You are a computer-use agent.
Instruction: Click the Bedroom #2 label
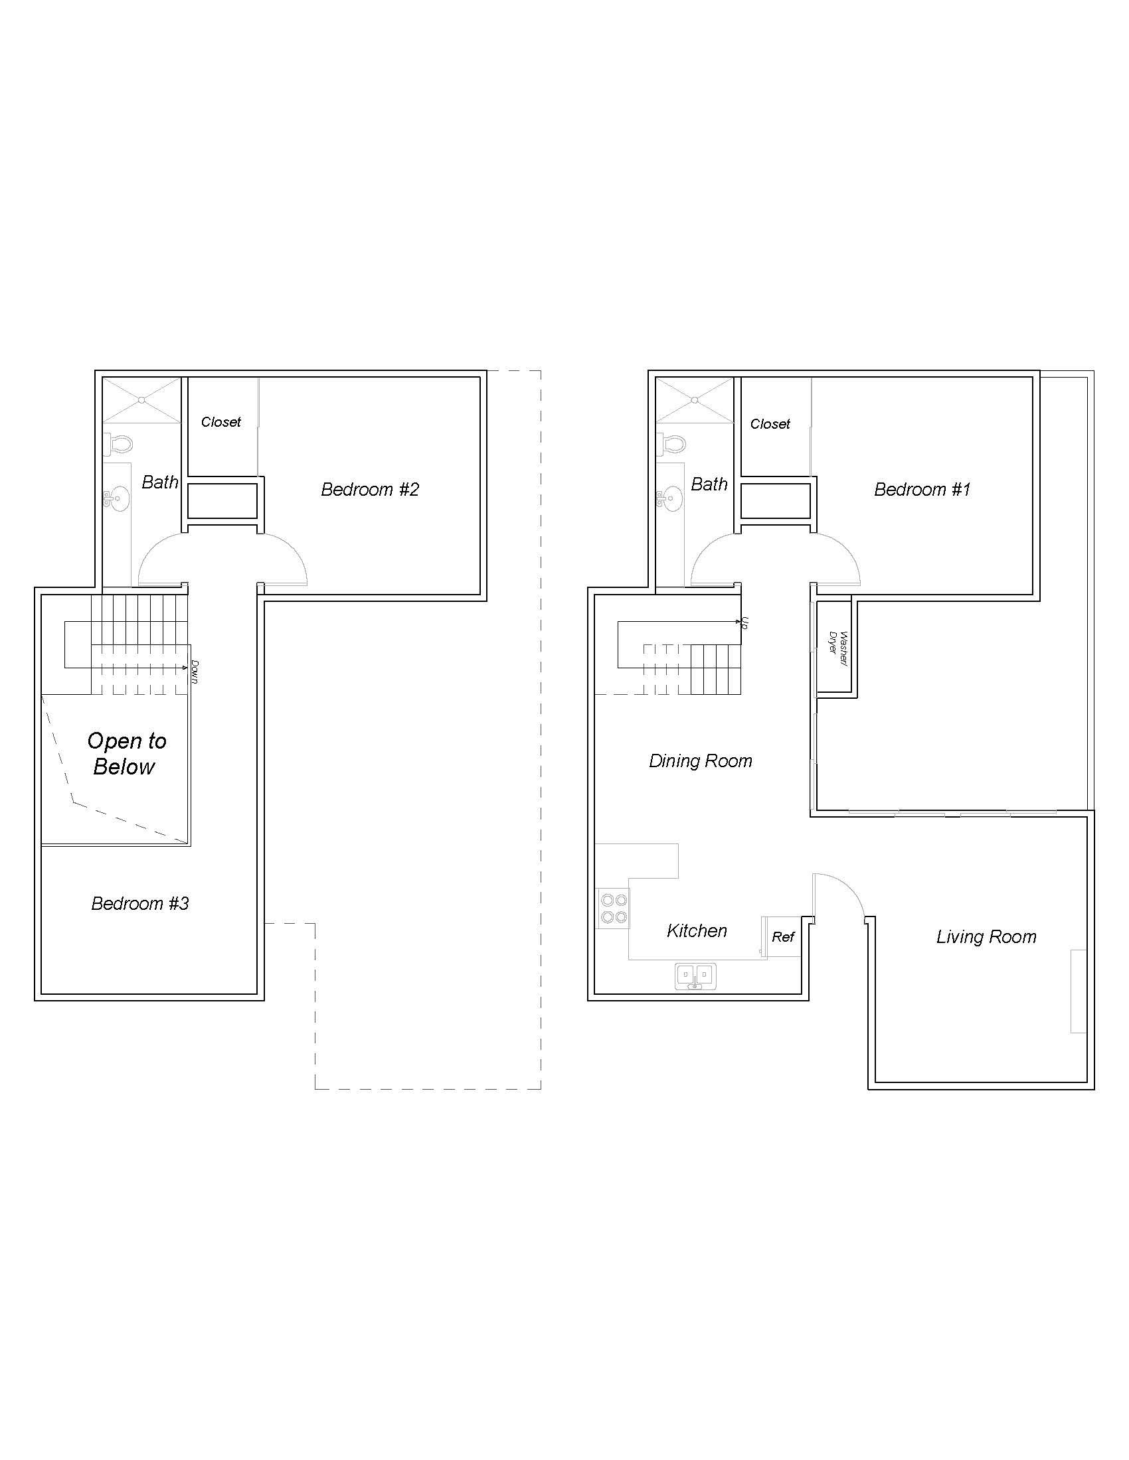pyautogui.click(x=370, y=489)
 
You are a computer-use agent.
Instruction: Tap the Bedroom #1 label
pyautogui.click(x=922, y=489)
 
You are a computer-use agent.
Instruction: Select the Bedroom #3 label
pyautogui.click(x=139, y=904)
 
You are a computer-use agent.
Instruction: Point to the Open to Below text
pyautogui.click(x=126, y=753)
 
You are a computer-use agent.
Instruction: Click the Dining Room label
pyautogui.click(x=700, y=761)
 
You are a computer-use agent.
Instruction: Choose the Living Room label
pyautogui.click(x=986, y=936)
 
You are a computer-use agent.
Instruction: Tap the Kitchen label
pyautogui.click(x=696, y=930)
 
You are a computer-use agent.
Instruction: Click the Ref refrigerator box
pyautogui.click(x=782, y=936)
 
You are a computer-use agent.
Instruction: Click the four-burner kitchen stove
pyautogui.click(x=614, y=908)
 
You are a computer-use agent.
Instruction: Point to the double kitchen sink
pyautogui.click(x=695, y=976)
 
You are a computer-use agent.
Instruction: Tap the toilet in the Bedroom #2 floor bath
pyautogui.click(x=120, y=443)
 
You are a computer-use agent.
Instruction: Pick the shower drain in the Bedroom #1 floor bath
pyautogui.click(x=695, y=400)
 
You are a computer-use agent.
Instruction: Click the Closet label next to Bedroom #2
pyautogui.click(x=220, y=422)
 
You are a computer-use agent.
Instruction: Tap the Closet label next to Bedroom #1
pyautogui.click(x=770, y=424)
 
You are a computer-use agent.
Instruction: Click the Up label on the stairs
pyautogui.click(x=744, y=623)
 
